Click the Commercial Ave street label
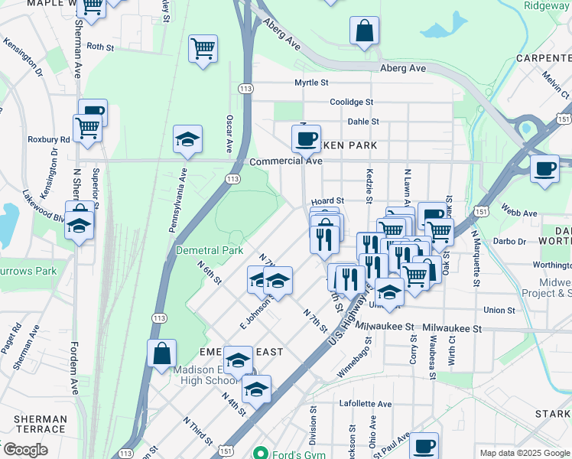pyautogui.click(x=286, y=161)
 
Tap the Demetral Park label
pyautogui.click(x=210, y=250)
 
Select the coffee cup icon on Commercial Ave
pyautogui.click(x=306, y=139)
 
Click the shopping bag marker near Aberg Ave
pyautogui.click(x=365, y=31)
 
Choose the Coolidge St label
pyautogui.click(x=351, y=102)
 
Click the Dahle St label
pyautogui.click(x=363, y=121)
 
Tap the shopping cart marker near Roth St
pyautogui.click(x=203, y=50)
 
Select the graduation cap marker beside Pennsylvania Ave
pyautogui.click(x=187, y=140)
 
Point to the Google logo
pyautogui.click(x=25, y=449)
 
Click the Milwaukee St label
pyautogui.click(x=450, y=327)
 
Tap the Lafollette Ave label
pyautogui.click(x=366, y=404)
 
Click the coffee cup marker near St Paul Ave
pyautogui.click(x=423, y=446)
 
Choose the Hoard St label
pyautogui.click(x=328, y=200)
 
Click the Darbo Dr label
pyautogui.click(x=511, y=241)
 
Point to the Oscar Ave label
pyautogui.click(x=229, y=134)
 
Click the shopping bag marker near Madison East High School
pyautogui.click(x=162, y=354)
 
